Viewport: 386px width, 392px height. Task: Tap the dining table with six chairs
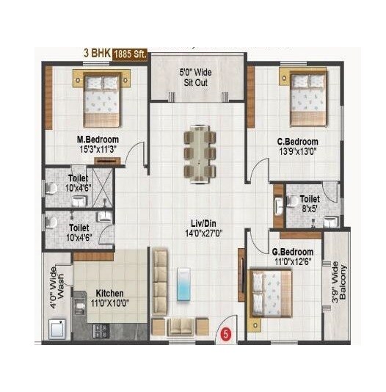coord(200,153)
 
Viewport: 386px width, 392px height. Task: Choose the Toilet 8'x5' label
coord(310,203)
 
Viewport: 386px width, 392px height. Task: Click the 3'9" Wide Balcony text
coord(337,282)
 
